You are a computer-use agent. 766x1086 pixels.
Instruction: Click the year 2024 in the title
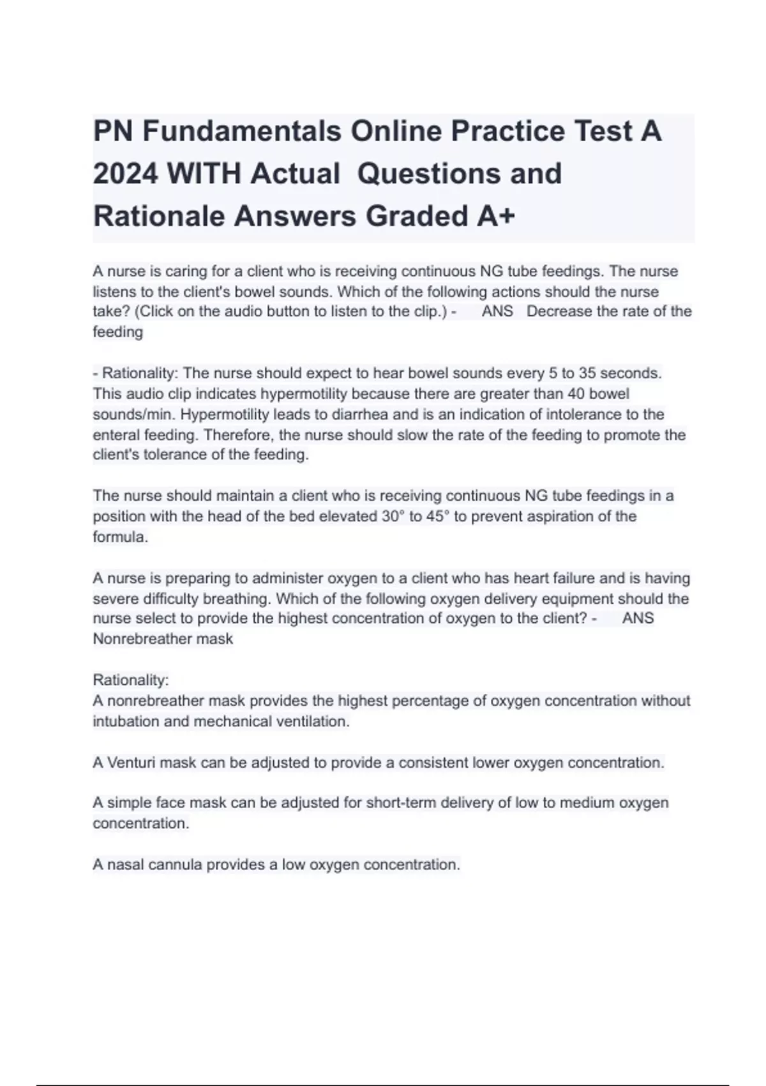click(x=125, y=173)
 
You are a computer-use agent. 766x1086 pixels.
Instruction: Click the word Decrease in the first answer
click(x=557, y=312)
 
